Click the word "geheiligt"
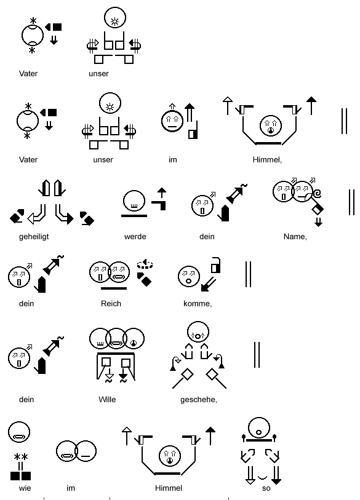click(34, 237)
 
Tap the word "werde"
click(135, 237)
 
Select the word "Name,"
click(295, 237)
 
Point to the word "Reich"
click(111, 304)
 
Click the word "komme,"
click(198, 304)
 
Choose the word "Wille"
click(107, 400)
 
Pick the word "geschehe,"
click(199, 400)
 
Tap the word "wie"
click(25, 488)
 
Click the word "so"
click(266, 488)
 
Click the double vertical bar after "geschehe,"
click(257, 355)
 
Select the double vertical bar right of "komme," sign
click(248, 274)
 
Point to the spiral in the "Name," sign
click(317, 194)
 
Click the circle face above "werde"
click(134, 201)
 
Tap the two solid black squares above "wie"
click(21, 476)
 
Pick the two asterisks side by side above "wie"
click(21, 457)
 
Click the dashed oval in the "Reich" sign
click(145, 264)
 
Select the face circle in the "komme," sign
click(189, 276)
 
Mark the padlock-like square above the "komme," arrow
click(215, 265)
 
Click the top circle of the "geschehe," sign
click(198, 332)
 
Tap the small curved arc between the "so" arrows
click(262, 477)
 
